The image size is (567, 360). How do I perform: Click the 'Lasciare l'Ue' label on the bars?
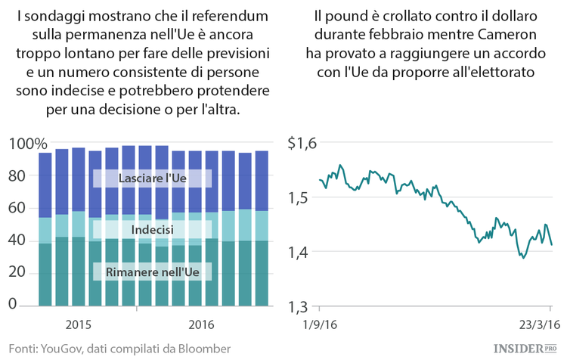(x=153, y=178)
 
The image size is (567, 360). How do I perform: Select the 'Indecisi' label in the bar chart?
(x=153, y=229)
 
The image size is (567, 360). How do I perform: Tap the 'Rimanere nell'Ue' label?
(x=153, y=271)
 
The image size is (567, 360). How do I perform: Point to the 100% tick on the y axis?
(x=28, y=144)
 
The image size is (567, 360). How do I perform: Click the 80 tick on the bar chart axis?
(x=17, y=176)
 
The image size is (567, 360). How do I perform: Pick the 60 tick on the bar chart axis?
(x=17, y=208)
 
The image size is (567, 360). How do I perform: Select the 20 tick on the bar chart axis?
(x=17, y=272)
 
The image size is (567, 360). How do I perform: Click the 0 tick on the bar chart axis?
(x=12, y=304)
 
